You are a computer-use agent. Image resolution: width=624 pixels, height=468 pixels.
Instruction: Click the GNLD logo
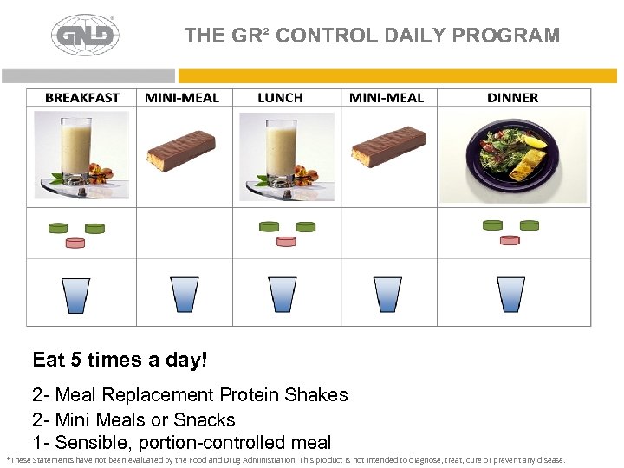85,36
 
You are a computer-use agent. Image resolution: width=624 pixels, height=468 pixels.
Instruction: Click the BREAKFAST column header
82,97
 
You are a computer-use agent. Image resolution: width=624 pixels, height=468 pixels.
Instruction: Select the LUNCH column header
280,97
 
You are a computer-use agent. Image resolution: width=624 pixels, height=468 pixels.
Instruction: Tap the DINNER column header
512,97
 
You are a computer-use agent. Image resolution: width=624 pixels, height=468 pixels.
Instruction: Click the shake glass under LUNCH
283,151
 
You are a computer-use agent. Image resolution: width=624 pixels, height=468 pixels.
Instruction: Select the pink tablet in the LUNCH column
286,241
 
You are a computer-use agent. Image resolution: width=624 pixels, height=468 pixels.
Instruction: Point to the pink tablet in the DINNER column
510,240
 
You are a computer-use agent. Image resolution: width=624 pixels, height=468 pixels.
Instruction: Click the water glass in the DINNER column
511,294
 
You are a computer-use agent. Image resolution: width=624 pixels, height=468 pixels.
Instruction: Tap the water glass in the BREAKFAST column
76,294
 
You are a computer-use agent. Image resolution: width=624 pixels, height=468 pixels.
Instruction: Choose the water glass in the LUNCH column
283,294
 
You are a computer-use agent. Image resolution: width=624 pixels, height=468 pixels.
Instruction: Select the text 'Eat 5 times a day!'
120,359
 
